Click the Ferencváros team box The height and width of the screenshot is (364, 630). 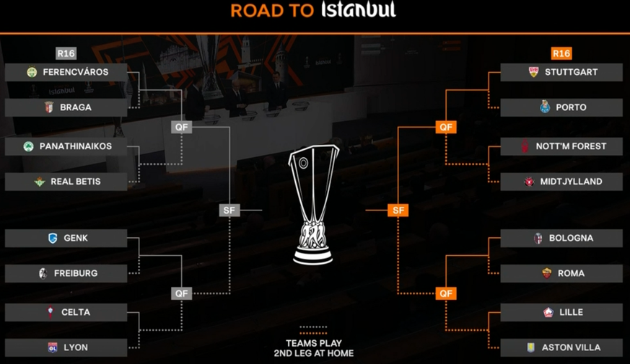tap(66, 72)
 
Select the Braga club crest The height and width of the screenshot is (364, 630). tap(49, 107)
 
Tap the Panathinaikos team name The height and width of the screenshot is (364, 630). tap(76, 146)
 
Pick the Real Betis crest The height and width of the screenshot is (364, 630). tap(40, 182)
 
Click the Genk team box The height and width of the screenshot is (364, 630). tap(66, 238)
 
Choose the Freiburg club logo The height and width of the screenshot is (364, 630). tap(43, 273)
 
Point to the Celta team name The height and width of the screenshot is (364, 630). tap(76, 312)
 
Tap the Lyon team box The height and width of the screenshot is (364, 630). tap(66, 347)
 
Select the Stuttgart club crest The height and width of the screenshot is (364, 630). tap(533, 72)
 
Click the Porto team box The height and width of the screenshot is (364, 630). tap(561, 107)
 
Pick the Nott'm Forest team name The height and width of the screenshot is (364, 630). tap(571, 146)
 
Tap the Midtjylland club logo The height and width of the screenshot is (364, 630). tap(529, 182)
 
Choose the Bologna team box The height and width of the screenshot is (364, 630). tap(561, 238)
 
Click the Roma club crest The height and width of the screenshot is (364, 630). tap(547, 273)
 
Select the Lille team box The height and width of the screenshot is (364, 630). tap(561, 312)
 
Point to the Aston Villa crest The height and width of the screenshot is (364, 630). tap(531, 347)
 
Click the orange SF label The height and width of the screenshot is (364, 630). tap(398, 210)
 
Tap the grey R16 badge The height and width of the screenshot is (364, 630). tap(66, 53)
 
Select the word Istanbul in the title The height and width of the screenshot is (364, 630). tap(359, 10)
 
